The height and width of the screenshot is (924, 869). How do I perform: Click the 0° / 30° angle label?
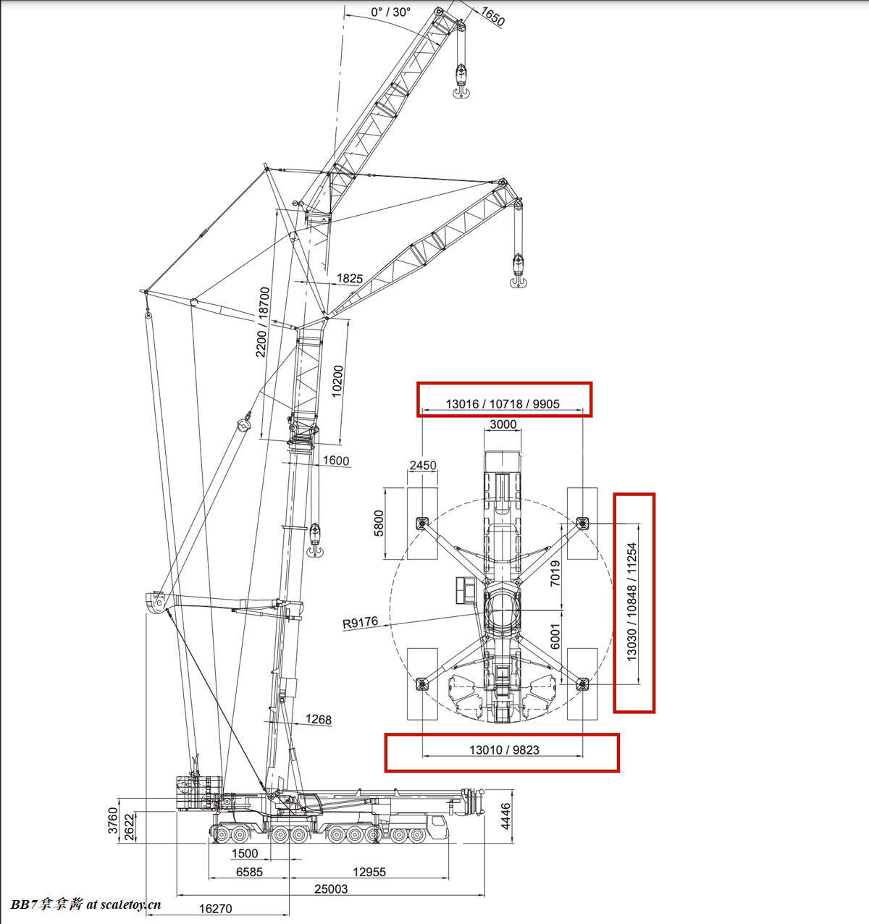391,12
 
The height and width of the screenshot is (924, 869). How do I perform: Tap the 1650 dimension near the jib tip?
492,17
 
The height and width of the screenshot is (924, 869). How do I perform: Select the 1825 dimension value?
350,279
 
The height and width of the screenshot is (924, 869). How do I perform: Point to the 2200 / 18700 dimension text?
263,322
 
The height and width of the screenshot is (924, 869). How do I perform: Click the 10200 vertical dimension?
337,381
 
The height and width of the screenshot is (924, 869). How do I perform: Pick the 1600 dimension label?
336,461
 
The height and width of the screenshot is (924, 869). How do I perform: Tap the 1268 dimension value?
319,720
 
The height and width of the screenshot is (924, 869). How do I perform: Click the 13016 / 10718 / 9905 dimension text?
503,404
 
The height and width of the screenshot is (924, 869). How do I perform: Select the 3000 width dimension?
503,424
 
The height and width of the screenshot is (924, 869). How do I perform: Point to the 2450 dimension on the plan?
423,465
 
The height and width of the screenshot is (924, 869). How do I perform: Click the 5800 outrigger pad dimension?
379,524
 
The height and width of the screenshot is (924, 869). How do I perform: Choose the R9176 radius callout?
360,623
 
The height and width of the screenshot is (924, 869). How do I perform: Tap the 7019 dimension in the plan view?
555,573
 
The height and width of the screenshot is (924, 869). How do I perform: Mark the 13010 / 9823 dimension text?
504,750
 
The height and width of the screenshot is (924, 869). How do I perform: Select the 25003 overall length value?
331,889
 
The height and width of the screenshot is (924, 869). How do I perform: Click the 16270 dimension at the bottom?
216,909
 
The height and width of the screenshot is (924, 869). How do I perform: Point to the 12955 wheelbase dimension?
369,872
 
